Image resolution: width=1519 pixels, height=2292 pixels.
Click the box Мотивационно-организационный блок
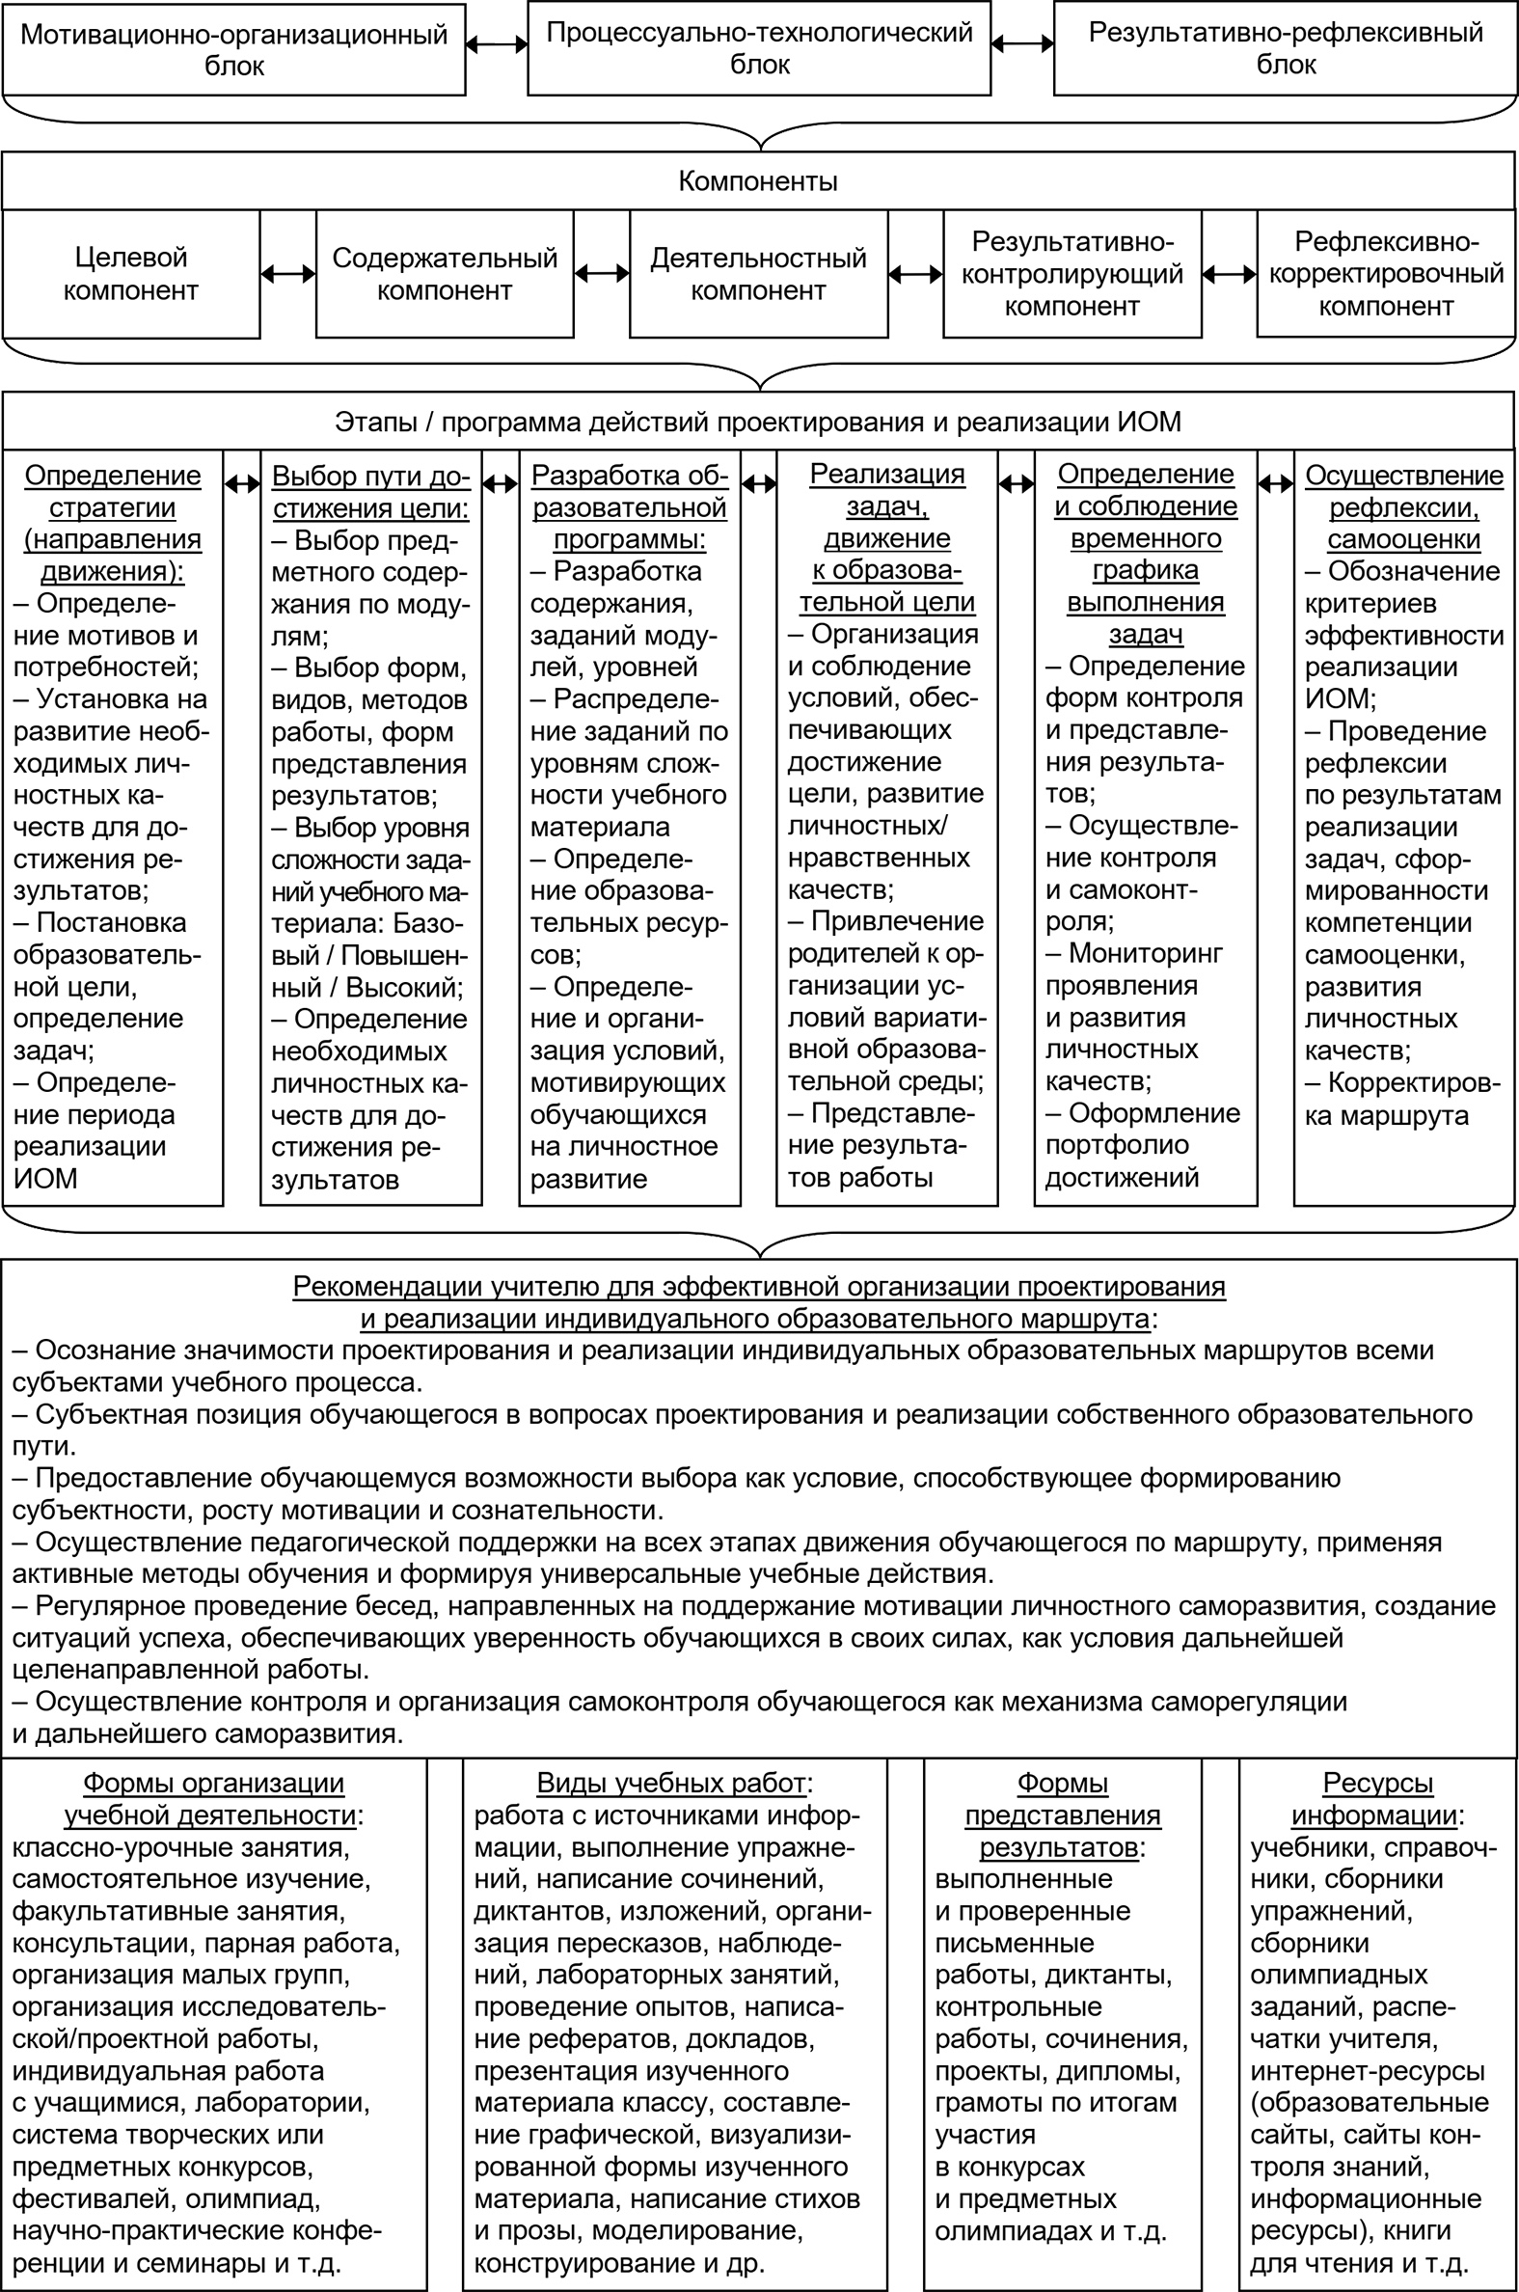(233, 49)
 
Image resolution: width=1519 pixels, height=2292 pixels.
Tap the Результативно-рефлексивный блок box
(1286, 48)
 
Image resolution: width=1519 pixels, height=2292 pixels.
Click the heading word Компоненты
(757, 181)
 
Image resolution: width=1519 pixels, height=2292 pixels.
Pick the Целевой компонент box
(131, 274)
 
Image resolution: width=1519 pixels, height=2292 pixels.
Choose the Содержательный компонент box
(445, 274)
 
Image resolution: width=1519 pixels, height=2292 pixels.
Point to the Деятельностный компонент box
(758, 274)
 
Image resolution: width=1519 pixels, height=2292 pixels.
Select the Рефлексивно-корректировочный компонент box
(1385, 274)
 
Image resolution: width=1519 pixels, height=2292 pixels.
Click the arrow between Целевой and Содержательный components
(287, 274)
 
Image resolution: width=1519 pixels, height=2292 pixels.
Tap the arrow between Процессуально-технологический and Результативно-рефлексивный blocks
(1022, 43)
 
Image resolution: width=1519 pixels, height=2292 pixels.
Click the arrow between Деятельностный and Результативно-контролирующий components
(915, 275)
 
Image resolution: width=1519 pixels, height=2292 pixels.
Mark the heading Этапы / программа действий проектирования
(757, 423)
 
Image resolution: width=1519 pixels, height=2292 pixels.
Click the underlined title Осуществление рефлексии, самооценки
(1403, 506)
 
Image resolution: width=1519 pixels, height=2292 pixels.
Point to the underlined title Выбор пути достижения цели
(370, 491)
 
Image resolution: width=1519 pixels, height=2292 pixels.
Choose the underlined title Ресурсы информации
(1376, 1799)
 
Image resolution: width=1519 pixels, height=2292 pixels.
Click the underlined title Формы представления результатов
(1062, 1815)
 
